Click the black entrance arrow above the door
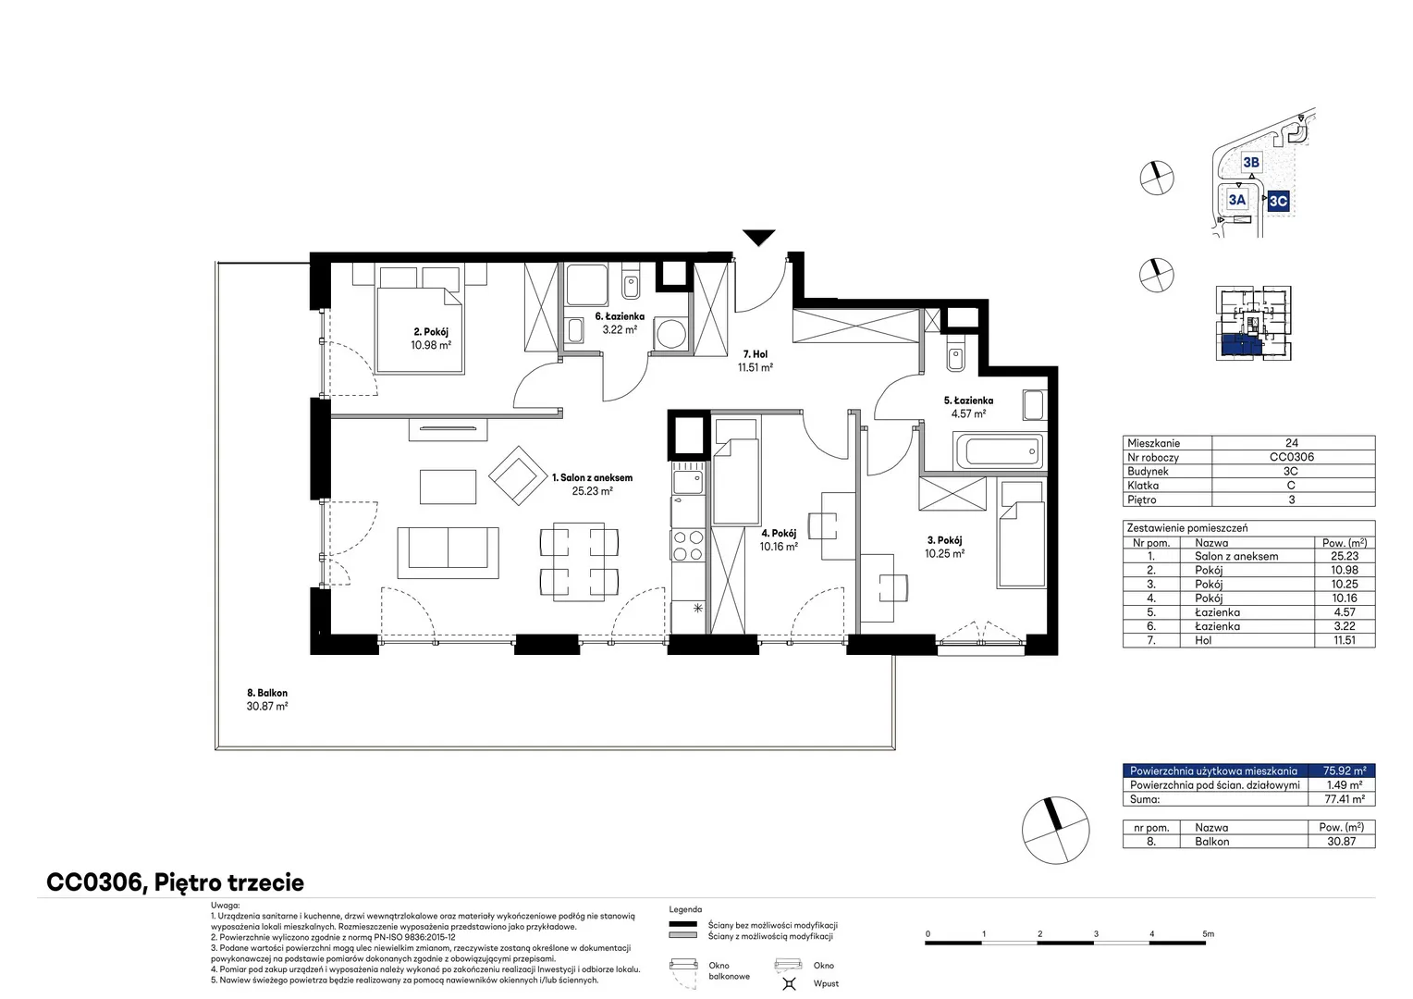point(758,238)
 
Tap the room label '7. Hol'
point(756,354)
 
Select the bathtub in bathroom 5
point(1000,451)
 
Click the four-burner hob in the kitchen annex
point(688,546)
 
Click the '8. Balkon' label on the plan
point(267,693)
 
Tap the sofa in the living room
point(448,553)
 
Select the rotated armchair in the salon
point(518,475)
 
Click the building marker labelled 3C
point(1278,202)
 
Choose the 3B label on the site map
point(1251,163)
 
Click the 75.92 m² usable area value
point(1345,771)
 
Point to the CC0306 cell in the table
point(1291,457)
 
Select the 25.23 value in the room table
point(1345,556)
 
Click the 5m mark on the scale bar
point(1208,934)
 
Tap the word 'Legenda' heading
point(685,909)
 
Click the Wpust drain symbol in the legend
point(789,983)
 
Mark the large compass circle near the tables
point(1055,830)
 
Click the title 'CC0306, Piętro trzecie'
point(176,882)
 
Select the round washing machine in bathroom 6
point(670,332)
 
